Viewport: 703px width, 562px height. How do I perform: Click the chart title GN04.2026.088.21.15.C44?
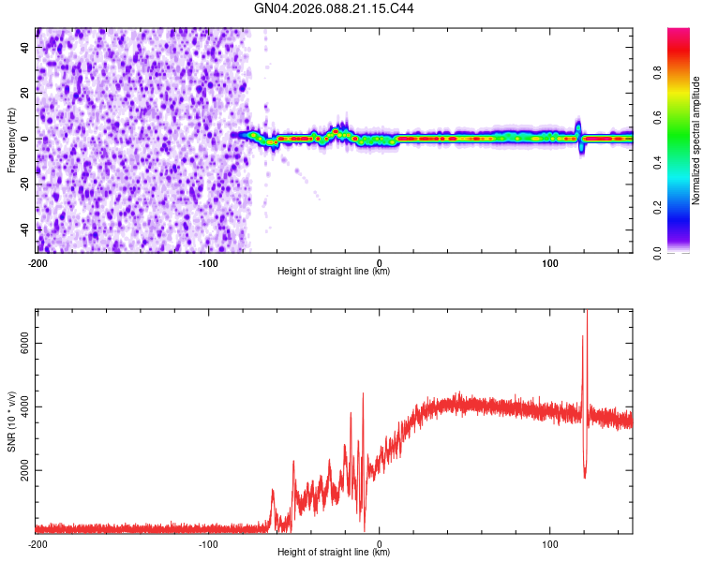click(x=335, y=8)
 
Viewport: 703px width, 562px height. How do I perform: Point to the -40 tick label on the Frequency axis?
click(x=23, y=228)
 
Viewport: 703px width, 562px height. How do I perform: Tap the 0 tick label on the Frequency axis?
click(x=25, y=138)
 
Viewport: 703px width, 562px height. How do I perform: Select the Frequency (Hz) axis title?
click(x=11, y=140)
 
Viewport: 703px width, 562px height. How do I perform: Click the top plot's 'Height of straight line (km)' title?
click(x=334, y=272)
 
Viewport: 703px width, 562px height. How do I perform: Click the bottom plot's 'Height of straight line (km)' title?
click(x=334, y=553)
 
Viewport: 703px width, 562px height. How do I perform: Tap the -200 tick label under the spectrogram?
click(x=37, y=262)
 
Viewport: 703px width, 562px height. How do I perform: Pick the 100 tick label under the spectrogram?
click(x=549, y=262)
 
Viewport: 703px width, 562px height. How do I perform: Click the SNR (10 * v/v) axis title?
click(x=11, y=421)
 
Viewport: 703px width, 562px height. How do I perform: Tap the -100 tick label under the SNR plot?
click(x=208, y=543)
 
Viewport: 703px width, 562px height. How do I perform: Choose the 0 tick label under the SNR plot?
click(x=379, y=543)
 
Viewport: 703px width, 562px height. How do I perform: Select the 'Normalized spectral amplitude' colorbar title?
click(x=696, y=140)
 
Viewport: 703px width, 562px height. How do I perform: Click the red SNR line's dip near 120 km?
click(x=585, y=477)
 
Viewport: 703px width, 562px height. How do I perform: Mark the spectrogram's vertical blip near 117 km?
click(x=578, y=131)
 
